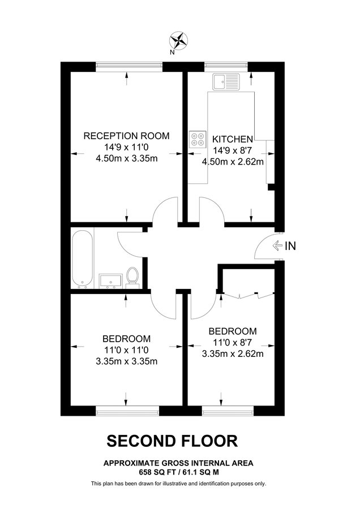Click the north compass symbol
coord(179,40)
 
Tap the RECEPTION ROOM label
coord(127,136)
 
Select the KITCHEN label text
coord(232,139)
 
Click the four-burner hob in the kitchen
coord(198,139)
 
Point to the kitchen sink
coord(226,81)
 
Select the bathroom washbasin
coord(111,280)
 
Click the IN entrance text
coord(290,245)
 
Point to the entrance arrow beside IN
coord(277,245)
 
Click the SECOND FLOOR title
coord(173,440)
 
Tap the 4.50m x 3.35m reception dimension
coord(127,158)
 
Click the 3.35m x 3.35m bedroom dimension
coord(127,361)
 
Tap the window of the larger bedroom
coord(126,409)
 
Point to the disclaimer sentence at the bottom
coord(178,484)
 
